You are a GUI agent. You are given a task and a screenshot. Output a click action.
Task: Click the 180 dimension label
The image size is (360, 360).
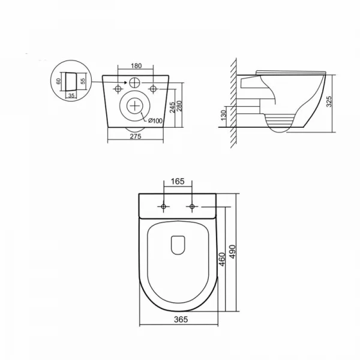[x=136, y=66]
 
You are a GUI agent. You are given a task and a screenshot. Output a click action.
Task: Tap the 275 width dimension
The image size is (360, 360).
[x=136, y=136]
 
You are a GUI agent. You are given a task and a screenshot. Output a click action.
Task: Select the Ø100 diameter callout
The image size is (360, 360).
[x=155, y=121]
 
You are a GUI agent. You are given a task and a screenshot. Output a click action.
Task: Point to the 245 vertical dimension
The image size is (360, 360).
[x=172, y=107]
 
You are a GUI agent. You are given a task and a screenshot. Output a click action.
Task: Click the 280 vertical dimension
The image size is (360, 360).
[x=179, y=106]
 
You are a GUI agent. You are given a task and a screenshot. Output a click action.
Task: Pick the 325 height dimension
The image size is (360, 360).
[x=329, y=101]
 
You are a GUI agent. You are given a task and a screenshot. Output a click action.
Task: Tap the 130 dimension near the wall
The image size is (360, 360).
[x=223, y=115]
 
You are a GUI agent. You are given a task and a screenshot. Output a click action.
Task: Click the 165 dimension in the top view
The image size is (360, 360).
[x=178, y=181]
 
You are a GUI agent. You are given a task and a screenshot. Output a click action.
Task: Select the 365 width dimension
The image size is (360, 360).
[x=181, y=319]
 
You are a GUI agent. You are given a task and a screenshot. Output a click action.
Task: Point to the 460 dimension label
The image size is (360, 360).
[x=222, y=259]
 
